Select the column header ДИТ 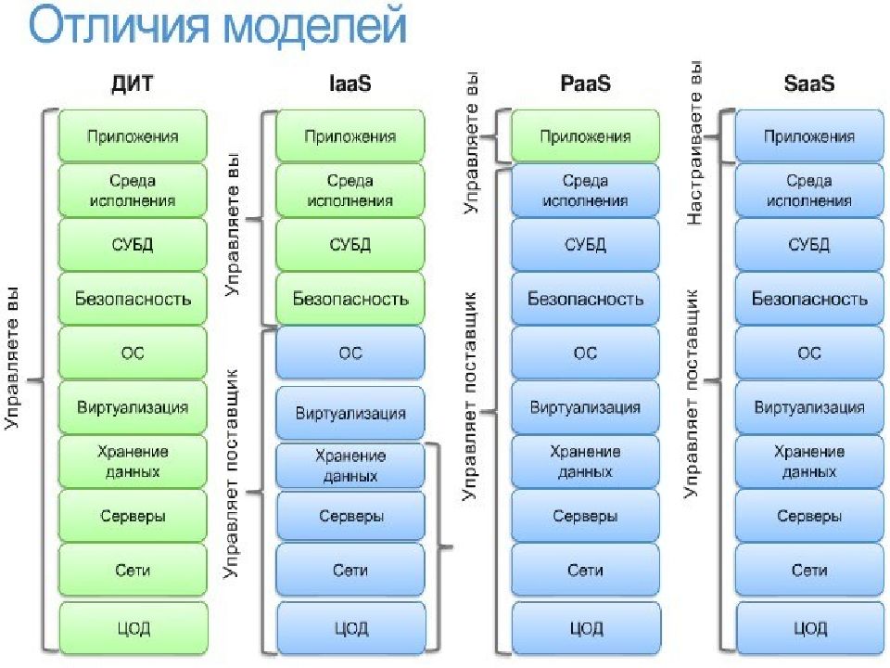[x=133, y=83]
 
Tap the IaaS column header [x=350, y=83]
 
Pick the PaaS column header [x=585, y=83]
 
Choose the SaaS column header [x=808, y=83]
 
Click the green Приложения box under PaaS [x=585, y=136]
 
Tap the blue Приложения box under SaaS [x=809, y=136]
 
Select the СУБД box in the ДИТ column [x=133, y=245]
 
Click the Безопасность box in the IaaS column [x=350, y=299]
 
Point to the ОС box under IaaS [x=350, y=353]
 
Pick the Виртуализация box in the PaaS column [x=585, y=407]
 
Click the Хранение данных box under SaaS [x=809, y=461]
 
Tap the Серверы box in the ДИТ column [x=133, y=516]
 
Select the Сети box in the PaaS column [x=585, y=570]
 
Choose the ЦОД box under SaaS [x=809, y=628]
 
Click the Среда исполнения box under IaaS [x=350, y=190]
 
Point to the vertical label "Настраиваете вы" [x=694, y=143]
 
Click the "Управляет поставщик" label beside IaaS [x=231, y=473]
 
